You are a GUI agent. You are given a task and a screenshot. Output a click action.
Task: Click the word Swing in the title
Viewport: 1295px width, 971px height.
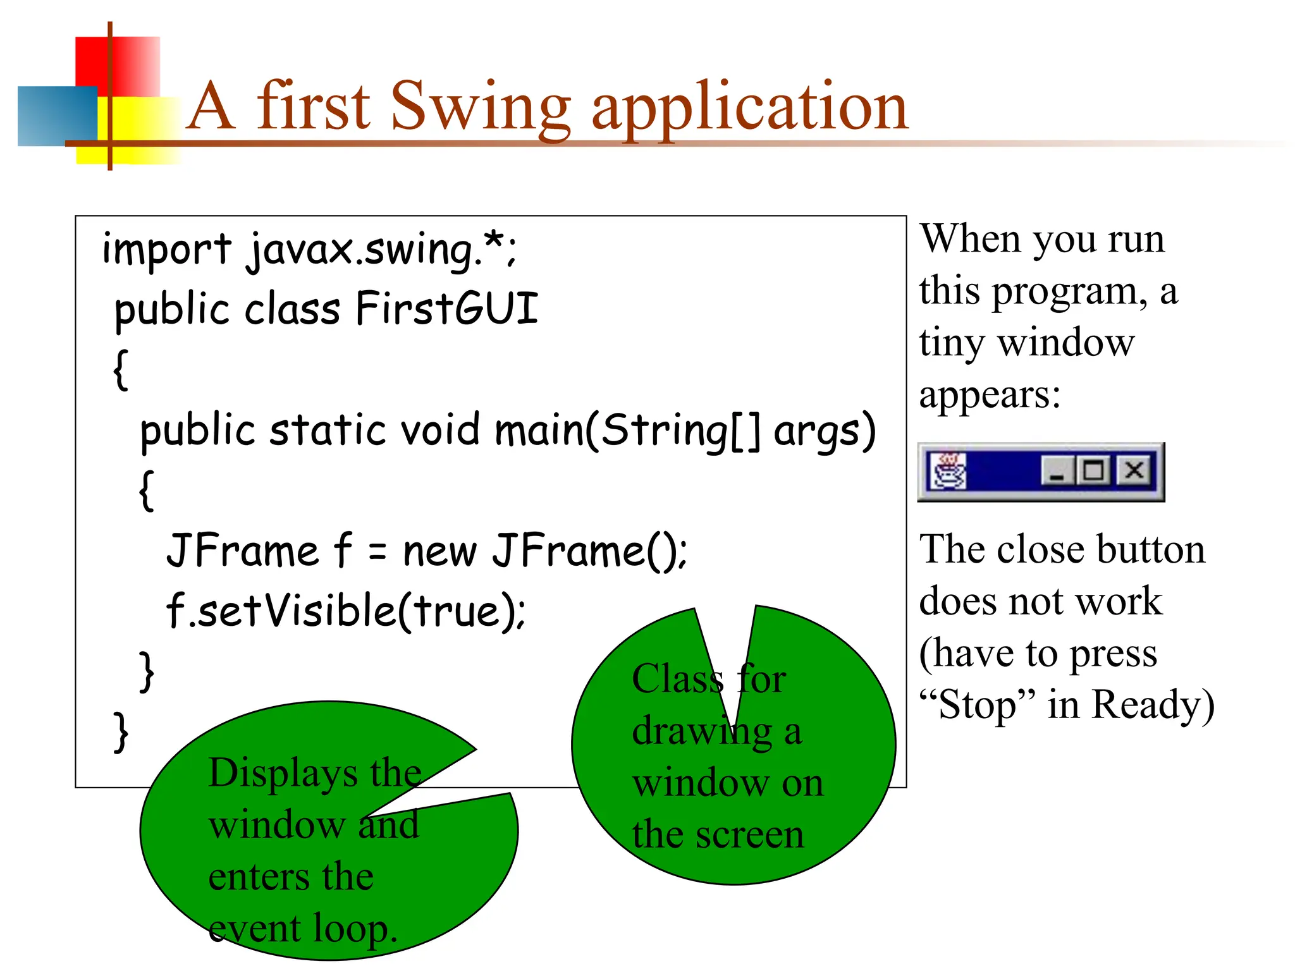(x=481, y=107)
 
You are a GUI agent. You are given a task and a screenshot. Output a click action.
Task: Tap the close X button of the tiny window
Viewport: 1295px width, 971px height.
(x=1134, y=471)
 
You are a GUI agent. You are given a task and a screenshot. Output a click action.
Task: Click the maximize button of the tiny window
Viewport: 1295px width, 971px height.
(x=1094, y=471)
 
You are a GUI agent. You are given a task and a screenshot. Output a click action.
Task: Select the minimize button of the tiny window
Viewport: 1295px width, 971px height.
(x=1057, y=471)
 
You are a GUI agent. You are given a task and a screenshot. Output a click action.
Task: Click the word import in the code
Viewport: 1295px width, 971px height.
(x=166, y=250)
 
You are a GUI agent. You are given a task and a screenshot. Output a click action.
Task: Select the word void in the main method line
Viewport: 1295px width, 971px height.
(x=440, y=430)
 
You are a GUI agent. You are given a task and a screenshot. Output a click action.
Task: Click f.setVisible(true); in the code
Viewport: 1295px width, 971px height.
(x=345, y=611)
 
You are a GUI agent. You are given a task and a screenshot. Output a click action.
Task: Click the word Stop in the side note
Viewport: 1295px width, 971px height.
(x=977, y=704)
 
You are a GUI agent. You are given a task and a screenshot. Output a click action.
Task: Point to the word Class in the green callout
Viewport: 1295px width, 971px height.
(x=677, y=679)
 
